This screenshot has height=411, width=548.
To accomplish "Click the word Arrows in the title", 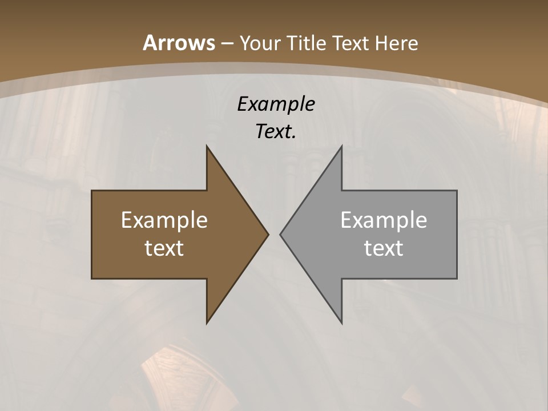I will click(x=179, y=43).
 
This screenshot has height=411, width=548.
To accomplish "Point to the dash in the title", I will click(x=227, y=43).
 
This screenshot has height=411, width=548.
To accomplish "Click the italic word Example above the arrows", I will click(x=276, y=104).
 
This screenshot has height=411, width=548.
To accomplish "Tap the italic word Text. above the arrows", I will click(x=276, y=132).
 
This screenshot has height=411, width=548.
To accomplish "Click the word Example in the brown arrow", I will click(x=164, y=220).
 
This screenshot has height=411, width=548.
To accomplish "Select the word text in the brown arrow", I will click(x=164, y=248).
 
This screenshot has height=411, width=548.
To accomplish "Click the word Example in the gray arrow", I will click(x=384, y=220).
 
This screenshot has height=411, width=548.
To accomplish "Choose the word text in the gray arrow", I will click(x=384, y=248).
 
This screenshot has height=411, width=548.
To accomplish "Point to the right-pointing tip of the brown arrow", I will click(x=268, y=234).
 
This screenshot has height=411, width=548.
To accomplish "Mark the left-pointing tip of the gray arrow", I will click(x=280, y=234).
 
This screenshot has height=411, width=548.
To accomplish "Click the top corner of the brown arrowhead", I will click(x=207, y=146).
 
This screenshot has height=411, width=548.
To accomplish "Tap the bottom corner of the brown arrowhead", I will click(x=207, y=323).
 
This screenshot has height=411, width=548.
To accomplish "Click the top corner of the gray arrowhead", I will click(x=341, y=146).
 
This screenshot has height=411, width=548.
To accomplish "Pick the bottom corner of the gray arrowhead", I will click(x=341, y=323).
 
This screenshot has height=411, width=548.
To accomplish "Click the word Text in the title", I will click(x=349, y=43).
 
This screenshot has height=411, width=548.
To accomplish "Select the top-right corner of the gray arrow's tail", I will click(x=457, y=191).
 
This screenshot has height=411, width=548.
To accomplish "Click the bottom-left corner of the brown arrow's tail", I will click(x=92, y=279).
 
